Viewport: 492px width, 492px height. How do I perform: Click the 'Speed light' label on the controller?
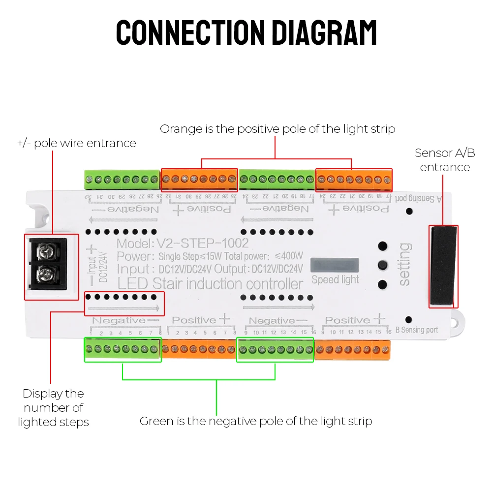tap(335, 279)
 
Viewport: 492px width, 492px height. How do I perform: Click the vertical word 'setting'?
tap(404, 264)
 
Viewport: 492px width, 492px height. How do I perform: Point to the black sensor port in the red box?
tap(443, 266)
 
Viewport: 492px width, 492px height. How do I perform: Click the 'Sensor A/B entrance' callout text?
tap(445, 160)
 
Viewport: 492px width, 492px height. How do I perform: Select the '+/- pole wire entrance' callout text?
tap(76, 143)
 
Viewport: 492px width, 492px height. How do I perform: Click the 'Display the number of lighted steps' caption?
tap(53, 407)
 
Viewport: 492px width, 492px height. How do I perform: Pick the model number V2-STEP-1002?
tap(202, 243)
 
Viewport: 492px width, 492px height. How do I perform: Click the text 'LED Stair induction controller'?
tap(210, 284)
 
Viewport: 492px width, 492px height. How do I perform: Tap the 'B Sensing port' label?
tap(416, 330)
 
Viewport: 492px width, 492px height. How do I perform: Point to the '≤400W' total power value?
tap(289, 256)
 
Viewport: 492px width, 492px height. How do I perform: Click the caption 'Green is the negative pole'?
tap(256, 421)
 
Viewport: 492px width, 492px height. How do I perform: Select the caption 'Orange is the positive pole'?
tap(277, 129)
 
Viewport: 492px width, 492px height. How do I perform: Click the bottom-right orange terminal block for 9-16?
tap(352, 350)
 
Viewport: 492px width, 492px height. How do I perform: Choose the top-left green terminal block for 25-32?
tap(122, 180)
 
